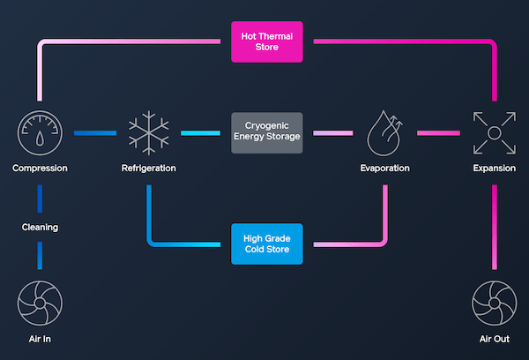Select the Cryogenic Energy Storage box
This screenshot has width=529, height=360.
point(267,133)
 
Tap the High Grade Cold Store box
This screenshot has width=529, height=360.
point(267,244)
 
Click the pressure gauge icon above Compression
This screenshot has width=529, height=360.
point(39,133)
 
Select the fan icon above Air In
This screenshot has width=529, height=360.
point(39,303)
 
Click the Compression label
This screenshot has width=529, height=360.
point(39,168)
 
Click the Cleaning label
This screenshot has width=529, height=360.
point(40,227)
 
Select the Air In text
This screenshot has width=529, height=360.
point(39,339)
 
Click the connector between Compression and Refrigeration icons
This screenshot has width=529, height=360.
point(93,133)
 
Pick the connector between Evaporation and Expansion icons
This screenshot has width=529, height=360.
point(439,133)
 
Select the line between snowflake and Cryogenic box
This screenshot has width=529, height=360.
point(200,133)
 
